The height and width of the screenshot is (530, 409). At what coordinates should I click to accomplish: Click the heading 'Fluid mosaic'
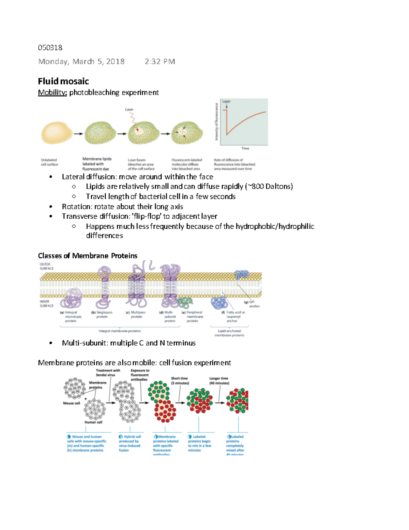63,81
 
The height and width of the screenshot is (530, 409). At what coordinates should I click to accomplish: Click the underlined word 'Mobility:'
52,92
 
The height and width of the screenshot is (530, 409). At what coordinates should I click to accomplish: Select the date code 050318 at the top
50,47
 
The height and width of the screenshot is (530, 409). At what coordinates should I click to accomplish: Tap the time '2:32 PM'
160,61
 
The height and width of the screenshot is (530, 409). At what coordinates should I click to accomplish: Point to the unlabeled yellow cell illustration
56,133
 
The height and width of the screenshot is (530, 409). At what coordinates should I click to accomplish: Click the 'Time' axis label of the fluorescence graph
245,148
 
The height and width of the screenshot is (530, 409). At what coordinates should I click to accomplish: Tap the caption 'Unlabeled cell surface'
49,162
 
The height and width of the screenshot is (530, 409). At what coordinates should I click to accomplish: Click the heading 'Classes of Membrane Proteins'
88,256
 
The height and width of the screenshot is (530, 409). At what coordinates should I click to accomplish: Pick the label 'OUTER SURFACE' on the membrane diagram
46,266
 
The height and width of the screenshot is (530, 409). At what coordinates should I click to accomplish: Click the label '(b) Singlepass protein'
102,314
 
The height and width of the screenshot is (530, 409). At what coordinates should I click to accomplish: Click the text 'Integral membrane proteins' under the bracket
119,331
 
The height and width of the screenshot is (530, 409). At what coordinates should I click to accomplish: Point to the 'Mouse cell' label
71,403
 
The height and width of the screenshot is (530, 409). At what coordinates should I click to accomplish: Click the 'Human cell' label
93,422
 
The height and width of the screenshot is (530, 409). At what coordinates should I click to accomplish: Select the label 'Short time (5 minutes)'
180,381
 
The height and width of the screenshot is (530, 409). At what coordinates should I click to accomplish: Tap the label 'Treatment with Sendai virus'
108,373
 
